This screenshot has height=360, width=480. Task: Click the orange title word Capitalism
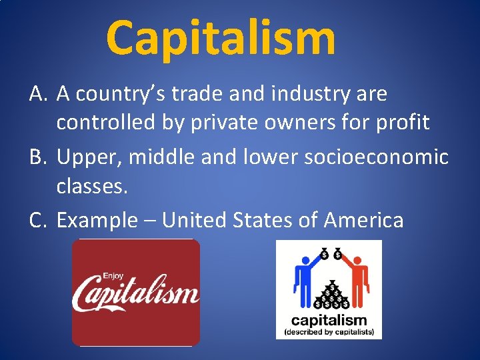(221, 38)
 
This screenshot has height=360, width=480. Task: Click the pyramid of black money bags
(329, 293)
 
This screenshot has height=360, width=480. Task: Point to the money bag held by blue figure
(323, 253)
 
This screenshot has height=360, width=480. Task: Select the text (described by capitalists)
(329, 331)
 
